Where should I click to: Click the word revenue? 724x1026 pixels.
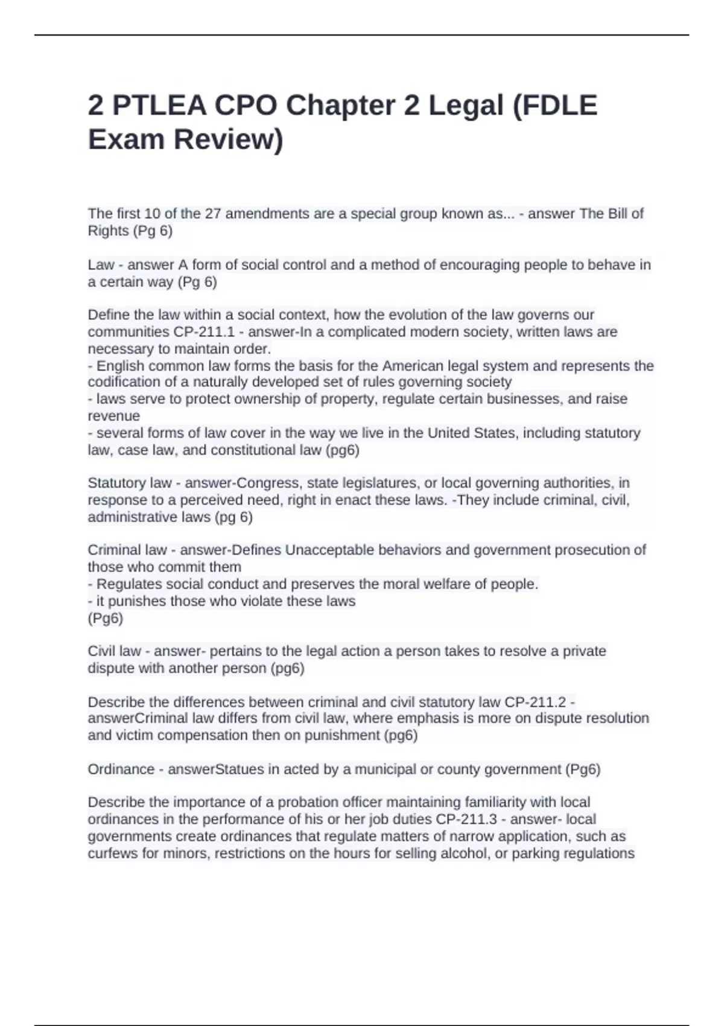pos(113,416)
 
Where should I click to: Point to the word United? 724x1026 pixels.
pos(449,433)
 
